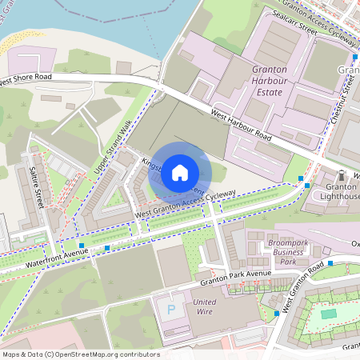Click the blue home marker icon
pyautogui.click(x=180, y=172)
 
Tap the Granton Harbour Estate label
pyautogui.click(x=268, y=81)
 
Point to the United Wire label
pyautogui.click(x=206, y=306)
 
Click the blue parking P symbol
pyautogui.click(x=170, y=308)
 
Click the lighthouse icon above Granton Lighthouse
pyautogui.click(x=342, y=175)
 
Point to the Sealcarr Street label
pyautogui.click(x=297, y=19)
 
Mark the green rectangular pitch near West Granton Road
pyautogui.click(x=329, y=314)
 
